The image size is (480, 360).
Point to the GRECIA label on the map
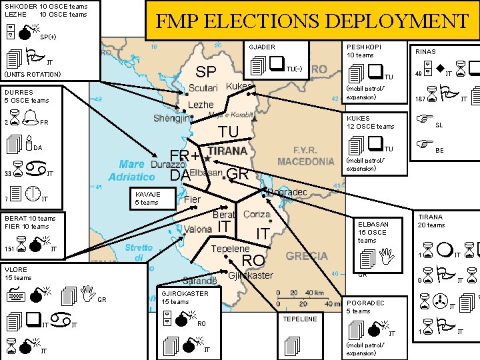pos(307,256)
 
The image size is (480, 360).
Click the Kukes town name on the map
pos(239,87)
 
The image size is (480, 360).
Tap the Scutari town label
pos(203,89)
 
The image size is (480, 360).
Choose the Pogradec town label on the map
pos(287,193)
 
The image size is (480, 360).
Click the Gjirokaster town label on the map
pos(250,275)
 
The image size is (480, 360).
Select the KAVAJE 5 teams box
pos(147,197)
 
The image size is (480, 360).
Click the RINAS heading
pos(426,51)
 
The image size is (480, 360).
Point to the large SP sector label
pos(205,72)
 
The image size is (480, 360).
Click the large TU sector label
pos(229,133)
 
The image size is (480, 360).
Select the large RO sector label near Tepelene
pos(253,260)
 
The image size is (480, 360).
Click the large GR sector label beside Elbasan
pos(237,174)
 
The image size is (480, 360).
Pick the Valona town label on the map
pos(198,229)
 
